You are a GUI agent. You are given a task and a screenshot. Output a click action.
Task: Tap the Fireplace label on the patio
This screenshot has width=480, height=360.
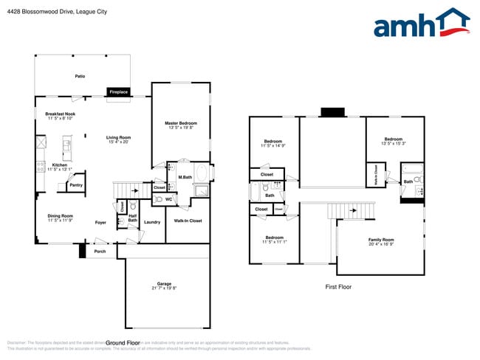(118, 92)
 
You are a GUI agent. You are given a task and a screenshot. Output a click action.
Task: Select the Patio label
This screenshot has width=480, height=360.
(80, 76)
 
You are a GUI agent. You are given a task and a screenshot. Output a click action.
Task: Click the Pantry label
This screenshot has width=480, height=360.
(76, 185)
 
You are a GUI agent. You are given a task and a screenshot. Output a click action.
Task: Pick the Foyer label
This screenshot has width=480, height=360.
(101, 222)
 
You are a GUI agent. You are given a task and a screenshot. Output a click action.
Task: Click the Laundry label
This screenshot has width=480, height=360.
(152, 222)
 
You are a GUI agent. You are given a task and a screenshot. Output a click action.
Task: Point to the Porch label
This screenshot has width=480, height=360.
(100, 251)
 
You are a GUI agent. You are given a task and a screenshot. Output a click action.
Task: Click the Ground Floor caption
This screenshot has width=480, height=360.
(123, 343)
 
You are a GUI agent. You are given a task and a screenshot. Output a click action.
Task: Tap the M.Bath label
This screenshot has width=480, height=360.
(185, 178)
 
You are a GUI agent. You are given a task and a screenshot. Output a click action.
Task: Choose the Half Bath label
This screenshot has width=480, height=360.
(133, 218)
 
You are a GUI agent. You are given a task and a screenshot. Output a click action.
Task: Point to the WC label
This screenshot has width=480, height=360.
(168, 199)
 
